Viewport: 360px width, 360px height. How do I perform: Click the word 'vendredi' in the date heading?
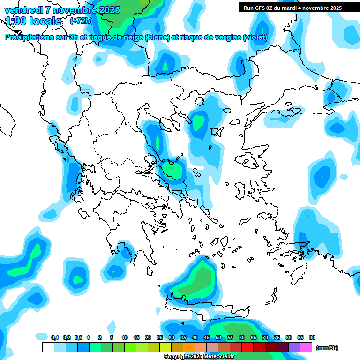tap(21, 10)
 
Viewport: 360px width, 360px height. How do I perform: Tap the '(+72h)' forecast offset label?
tap(81, 21)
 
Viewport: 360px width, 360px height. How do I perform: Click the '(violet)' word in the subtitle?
tap(255, 37)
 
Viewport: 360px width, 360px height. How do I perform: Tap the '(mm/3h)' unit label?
tap(327, 348)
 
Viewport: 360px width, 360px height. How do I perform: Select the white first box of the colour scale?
tap(48, 347)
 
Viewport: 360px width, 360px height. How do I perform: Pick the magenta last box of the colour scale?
tap(306, 347)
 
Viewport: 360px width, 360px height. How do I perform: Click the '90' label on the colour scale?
tap(312, 337)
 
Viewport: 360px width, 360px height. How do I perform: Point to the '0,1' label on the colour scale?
tap(55, 337)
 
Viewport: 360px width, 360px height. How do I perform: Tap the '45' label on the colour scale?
tap(207, 337)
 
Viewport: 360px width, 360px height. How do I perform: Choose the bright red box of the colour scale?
tap(247, 347)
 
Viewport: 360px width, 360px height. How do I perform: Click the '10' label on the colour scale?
tap(125, 337)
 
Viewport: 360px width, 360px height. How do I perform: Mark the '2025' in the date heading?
tap(108, 10)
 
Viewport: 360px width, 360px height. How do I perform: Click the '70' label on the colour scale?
tap(265, 337)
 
